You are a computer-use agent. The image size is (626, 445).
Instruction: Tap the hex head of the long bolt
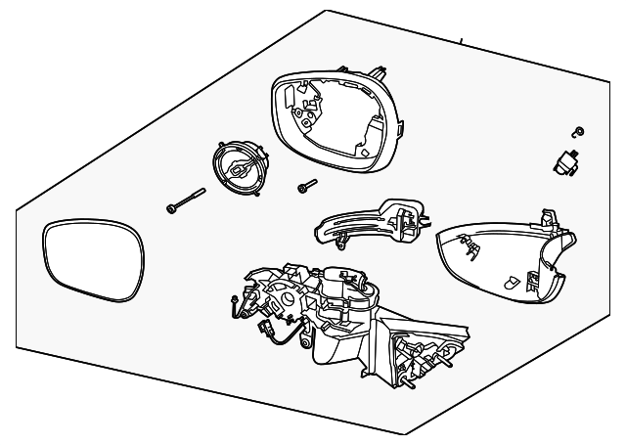point(171,208)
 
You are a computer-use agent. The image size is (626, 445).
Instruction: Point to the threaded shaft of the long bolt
point(192,197)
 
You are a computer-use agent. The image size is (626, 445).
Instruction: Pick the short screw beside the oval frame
point(306,186)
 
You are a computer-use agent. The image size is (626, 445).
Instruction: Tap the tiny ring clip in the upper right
point(577,132)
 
